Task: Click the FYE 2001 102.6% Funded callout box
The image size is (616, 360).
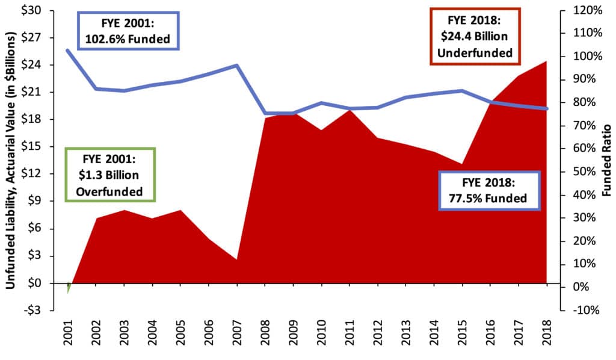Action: pos(128,32)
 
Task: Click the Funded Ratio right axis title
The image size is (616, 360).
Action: pos(606,160)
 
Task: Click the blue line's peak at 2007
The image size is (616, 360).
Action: pos(237,65)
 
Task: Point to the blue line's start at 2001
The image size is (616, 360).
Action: pos(67,50)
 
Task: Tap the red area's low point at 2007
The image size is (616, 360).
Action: pos(237,260)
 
